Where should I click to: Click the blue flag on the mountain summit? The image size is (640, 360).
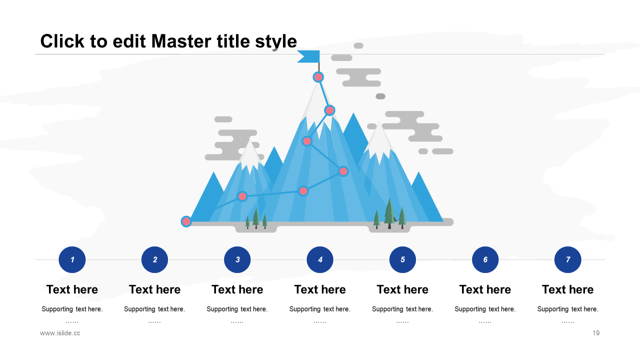[x=309, y=56]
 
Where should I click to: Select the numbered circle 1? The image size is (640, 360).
[x=72, y=259]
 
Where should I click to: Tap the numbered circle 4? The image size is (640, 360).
[x=320, y=259]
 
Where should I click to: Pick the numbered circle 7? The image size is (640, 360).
[x=567, y=259]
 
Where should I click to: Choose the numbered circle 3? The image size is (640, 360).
[x=237, y=259]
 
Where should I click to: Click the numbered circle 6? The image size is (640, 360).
[x=485, y=259]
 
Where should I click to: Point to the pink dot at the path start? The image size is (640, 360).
[x=186, y=221]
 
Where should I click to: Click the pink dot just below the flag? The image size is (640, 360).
[x=318, y=77]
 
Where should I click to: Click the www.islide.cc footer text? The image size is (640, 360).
[x=60, y=333]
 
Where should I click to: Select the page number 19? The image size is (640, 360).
[x=595, y=333]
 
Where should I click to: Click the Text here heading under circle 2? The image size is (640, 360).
[x=154, y=289]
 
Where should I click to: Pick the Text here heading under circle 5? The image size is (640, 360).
[x=402, y=289]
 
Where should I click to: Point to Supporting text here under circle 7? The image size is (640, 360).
[x=567, y=309]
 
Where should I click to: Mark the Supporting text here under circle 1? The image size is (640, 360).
[x=72, y=309]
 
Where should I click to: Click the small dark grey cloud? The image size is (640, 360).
[x=380, y=96]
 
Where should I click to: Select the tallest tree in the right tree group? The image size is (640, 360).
[x=389, y=212]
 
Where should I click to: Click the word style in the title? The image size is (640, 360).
[x=276, y=41]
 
